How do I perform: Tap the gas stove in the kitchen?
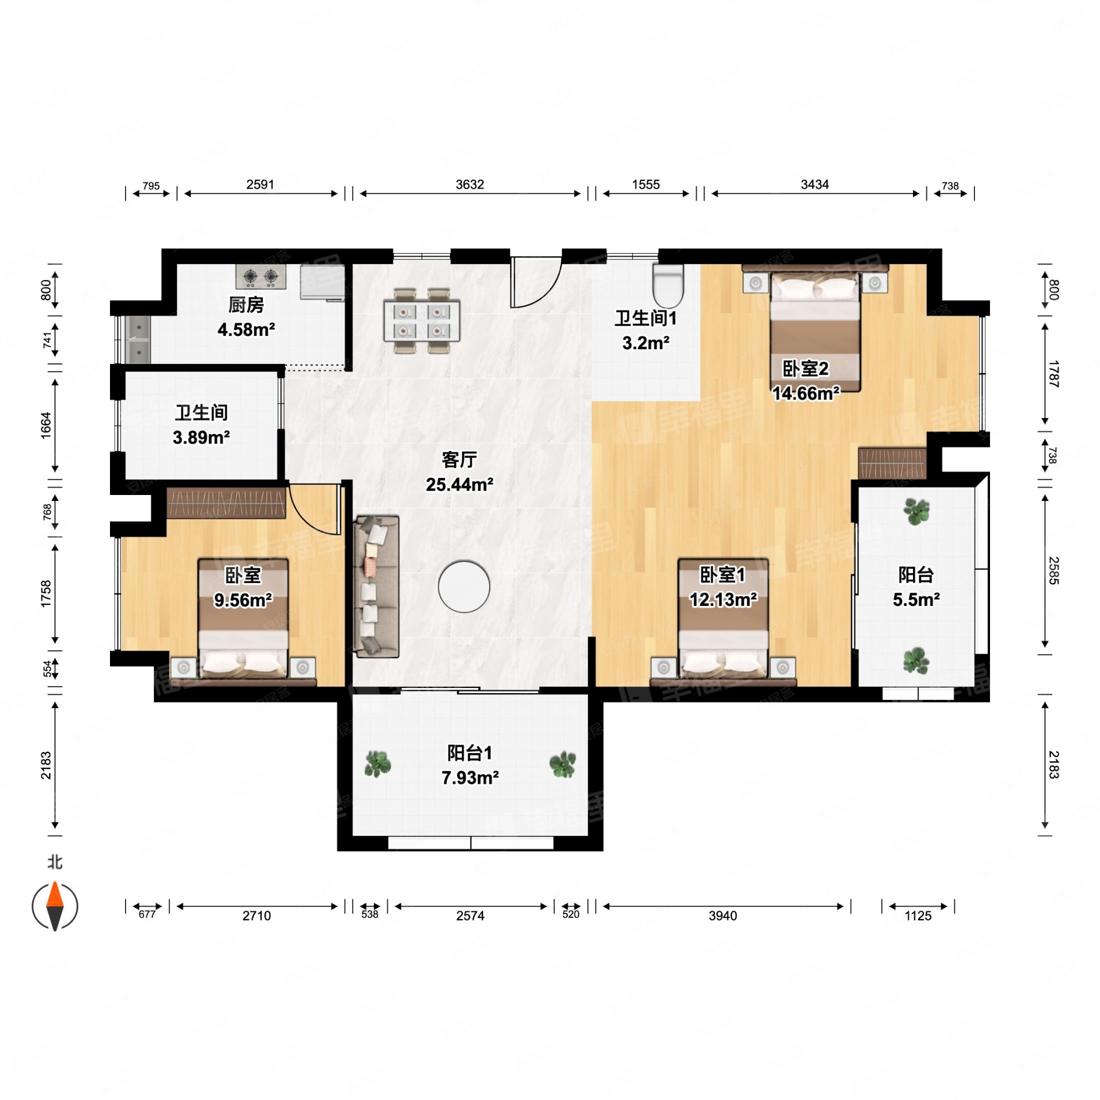261,276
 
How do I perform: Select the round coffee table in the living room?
464,586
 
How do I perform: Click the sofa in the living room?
376,586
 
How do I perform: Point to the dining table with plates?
421,321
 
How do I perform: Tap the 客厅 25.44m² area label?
459,472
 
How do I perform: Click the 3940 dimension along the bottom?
722,915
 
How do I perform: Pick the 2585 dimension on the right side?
1053,571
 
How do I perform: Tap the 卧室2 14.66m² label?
805,380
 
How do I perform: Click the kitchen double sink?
137,339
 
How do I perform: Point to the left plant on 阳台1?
377,764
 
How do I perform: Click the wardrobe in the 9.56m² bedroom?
226,502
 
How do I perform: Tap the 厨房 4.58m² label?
246,317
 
